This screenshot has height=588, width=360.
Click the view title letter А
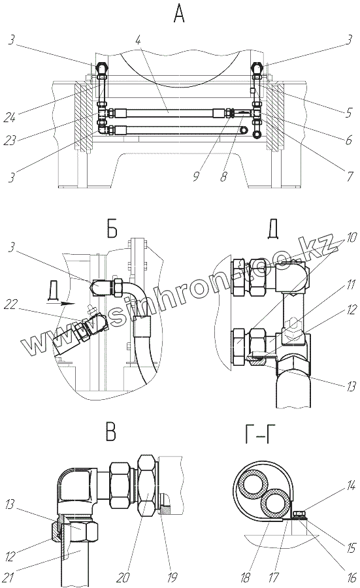(179, 14)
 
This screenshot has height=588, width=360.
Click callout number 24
(10, 118)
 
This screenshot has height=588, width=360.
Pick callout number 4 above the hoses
(139, 40)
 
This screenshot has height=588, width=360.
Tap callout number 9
(196, 176)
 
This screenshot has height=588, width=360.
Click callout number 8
(223, 176)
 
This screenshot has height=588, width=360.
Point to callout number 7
(350, 176)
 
